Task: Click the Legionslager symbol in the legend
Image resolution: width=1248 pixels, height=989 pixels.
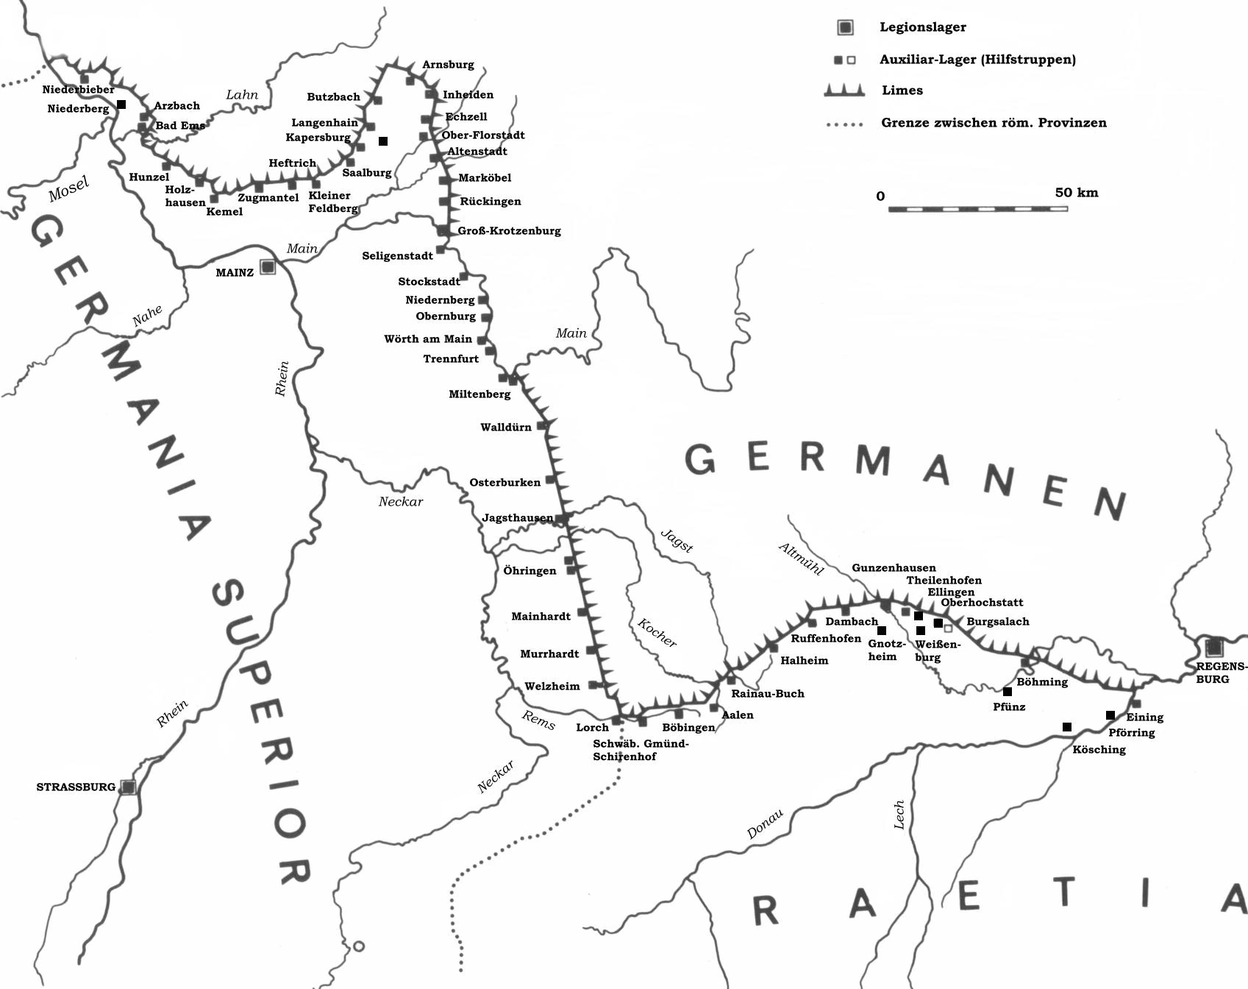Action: [x=846, y=28]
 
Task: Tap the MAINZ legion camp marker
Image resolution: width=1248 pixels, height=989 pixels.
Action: [x=268, y=266]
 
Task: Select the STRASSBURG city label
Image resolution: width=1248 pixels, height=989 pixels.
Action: [x=76, y=787]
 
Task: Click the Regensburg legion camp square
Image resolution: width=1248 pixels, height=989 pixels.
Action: [x=1213, y=648]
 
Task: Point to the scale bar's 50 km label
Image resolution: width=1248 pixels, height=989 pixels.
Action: [x=1076, y=193]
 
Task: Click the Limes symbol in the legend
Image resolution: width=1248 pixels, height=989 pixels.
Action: [x=844, y=91]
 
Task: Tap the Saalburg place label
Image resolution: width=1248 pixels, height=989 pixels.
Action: [x=366, y=173]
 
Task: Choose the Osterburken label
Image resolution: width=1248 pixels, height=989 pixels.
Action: [x=504, y=483]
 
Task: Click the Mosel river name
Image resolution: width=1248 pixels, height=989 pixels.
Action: [x=68, y=189]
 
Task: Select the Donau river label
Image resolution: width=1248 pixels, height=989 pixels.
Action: [x=765, y=824]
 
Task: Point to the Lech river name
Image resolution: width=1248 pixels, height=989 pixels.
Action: [x=899, y=815]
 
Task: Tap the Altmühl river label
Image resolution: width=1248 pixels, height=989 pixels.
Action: [x=801, y=559]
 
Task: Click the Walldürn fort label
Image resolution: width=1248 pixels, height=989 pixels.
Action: [x=505, y=428]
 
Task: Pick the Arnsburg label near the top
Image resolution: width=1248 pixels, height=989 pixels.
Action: [x=448, y=65]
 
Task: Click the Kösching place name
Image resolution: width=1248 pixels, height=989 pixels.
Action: [x=1099, y=750]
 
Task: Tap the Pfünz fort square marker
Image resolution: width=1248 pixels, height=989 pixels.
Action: [x=1008, y=692]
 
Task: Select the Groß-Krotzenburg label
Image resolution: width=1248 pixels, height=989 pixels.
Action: [x=509, y=231]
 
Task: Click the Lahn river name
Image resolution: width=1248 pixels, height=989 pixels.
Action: [x=242, y=95]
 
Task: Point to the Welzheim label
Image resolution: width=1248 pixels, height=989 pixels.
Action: [x=552, y=687]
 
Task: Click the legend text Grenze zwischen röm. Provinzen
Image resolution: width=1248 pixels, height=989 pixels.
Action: [x=994, y=123]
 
